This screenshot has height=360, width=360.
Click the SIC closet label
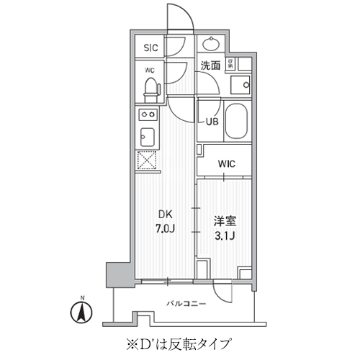click(150, 48)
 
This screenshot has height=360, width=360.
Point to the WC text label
click(149, 71)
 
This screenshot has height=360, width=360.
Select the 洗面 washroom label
click(210, 66)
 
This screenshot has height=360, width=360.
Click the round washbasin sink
click(212, 44)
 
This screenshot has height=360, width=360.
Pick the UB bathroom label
click(212, 122)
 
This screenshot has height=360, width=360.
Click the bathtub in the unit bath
click(237, 122)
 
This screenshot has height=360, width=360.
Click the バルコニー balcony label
click(186, 303)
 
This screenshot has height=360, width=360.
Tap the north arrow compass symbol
click(83, 312)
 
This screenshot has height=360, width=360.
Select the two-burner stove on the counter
click(148, 114)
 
